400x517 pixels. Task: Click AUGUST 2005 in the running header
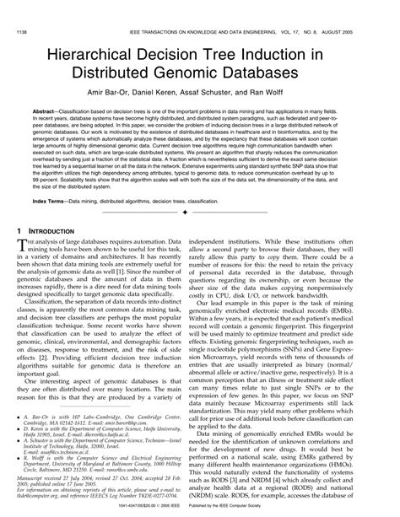pos(366,8)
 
